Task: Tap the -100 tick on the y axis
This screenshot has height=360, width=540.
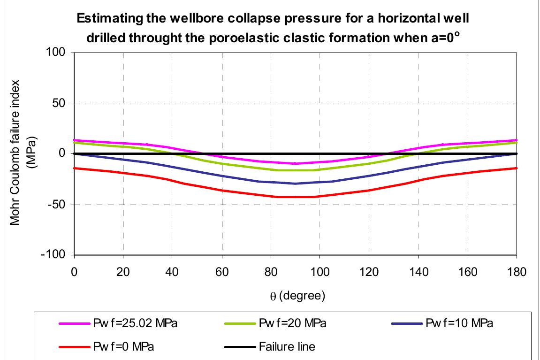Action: tap(58, 255)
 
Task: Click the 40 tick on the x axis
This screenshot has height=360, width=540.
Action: tap(172, 272)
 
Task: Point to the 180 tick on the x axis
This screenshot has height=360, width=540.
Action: tap(517, 272)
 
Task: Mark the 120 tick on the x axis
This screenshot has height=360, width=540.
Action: tap(369, 272)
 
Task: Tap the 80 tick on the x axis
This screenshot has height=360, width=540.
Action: tap(270, 272)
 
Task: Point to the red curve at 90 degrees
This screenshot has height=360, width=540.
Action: tap(295, 197)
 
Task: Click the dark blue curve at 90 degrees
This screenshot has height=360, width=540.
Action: tap(295, 183)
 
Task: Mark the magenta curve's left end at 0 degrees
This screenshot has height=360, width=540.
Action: tap(74, 140)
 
